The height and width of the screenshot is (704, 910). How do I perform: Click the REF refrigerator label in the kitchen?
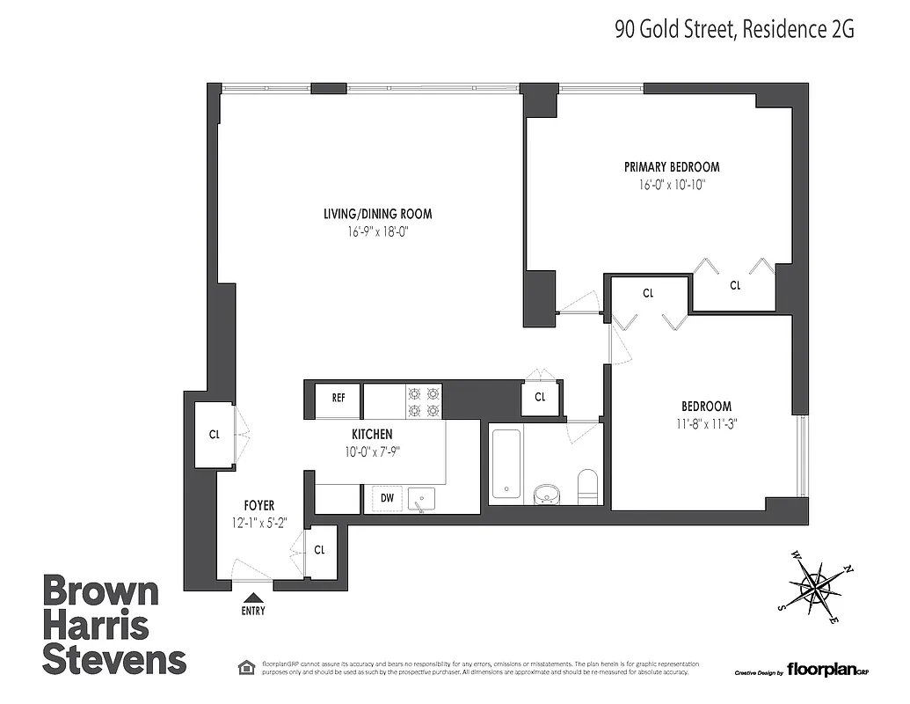tap(339, 398)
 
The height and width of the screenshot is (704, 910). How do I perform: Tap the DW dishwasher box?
tap(387, 498)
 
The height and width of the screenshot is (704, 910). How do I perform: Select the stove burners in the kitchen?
tap(422, 401)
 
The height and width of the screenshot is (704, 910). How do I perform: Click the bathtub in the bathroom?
tap(506, 464)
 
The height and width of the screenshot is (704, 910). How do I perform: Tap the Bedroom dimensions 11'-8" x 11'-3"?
tap(707, 424)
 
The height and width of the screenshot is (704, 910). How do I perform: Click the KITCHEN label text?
tap(372, 435)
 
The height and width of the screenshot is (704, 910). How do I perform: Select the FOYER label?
tap(259, 505)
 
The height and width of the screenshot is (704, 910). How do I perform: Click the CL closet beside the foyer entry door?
tap(320, 550)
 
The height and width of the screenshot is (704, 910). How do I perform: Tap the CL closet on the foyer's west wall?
tap(214, 435)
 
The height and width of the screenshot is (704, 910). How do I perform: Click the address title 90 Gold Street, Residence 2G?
tap(733, 30)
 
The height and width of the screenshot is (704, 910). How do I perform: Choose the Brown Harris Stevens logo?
tap(114, 625)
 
